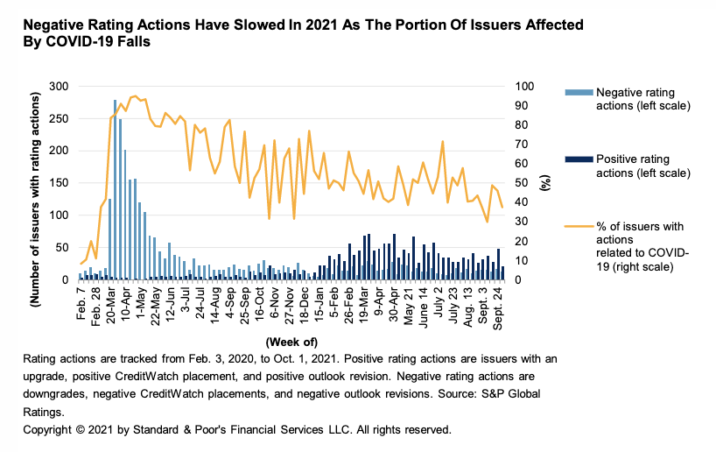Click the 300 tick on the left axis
click(60, 86)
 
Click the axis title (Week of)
click(292, 341)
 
